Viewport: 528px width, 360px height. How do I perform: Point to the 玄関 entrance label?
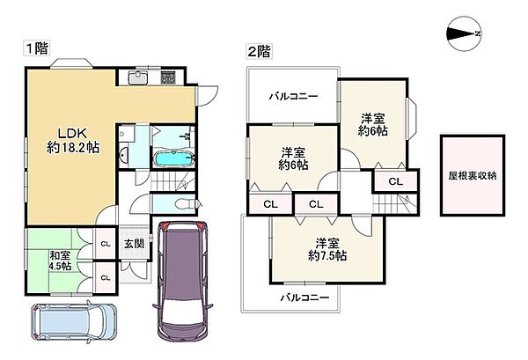coord(133,244)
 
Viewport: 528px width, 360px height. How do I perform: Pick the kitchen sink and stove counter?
coord(152,79)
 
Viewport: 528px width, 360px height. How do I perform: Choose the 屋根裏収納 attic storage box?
coord(473,175)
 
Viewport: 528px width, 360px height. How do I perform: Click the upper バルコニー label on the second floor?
coord(292,96)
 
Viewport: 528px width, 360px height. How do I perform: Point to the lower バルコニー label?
coord(305,298)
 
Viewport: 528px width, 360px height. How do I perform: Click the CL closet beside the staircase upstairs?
coord(396,181)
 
